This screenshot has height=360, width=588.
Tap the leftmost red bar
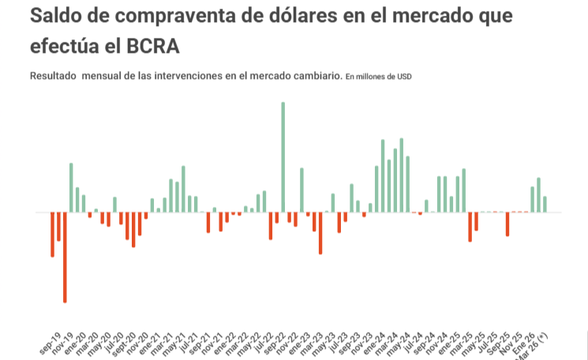coord(53,234)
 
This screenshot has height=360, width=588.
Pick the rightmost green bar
coord(545,204)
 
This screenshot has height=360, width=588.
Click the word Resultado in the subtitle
coord(54,77)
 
